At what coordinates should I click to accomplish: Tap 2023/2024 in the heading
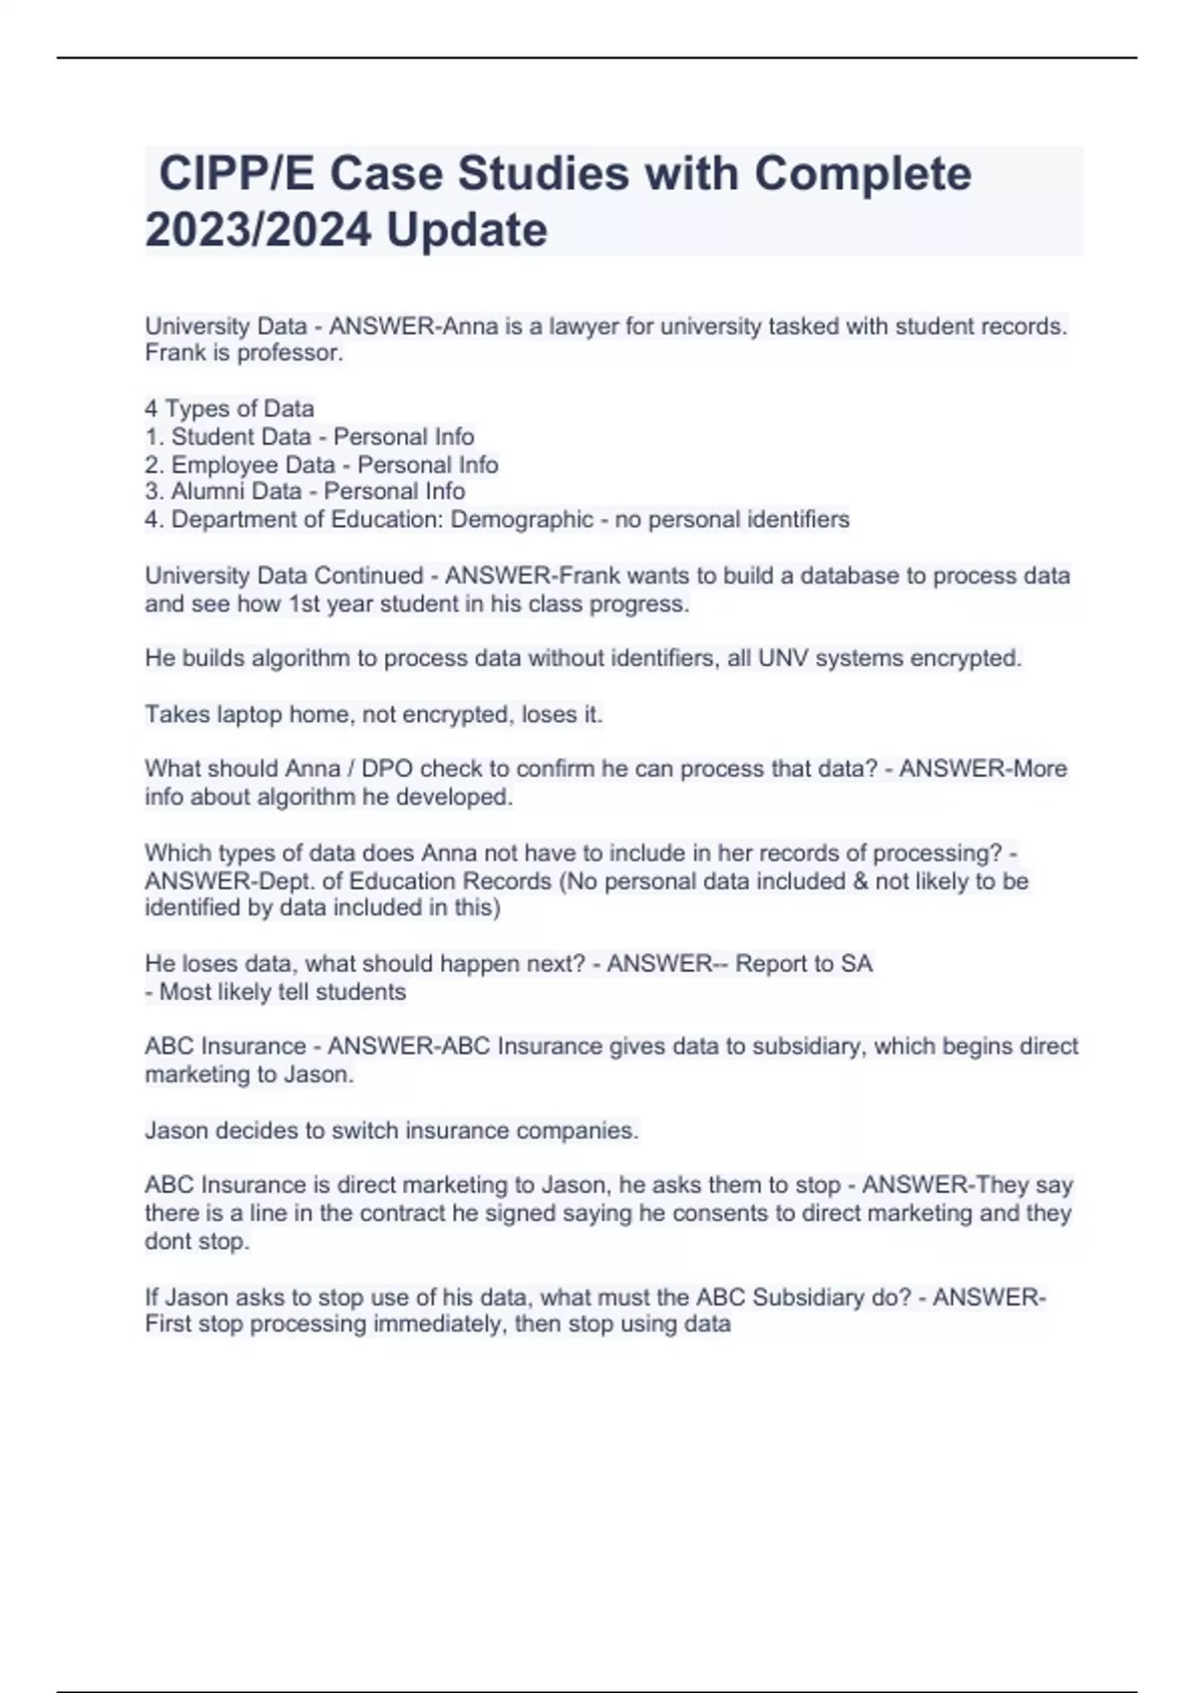tap(258, 230)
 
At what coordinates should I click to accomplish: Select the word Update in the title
tap(467, 230)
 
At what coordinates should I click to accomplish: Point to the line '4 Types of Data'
tap(229, 408)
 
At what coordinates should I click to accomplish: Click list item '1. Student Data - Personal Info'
tap(310, 436)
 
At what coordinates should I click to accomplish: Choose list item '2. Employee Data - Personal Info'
tap(322, 464)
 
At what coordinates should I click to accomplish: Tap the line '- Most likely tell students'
tap(276, 992)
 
